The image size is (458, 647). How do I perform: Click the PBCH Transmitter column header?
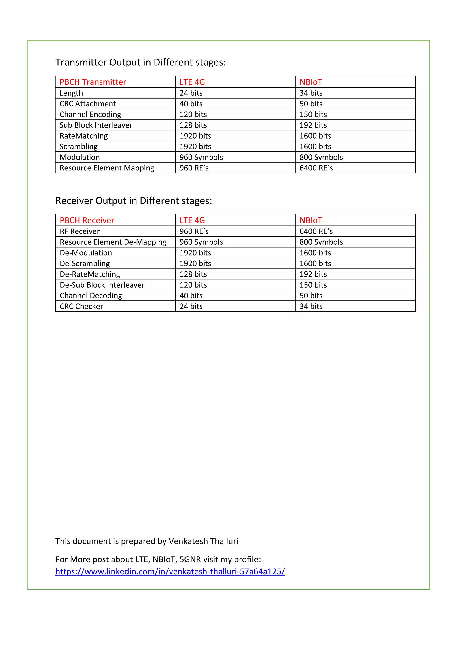click(93, 82)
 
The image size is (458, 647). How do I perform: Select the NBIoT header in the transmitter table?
click(310, 82)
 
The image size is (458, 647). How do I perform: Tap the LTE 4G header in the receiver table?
click(192, 220)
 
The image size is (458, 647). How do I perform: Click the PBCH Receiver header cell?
click(87, 220)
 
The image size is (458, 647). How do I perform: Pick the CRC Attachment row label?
click(87, 104)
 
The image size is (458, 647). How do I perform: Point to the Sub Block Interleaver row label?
click(96, 125)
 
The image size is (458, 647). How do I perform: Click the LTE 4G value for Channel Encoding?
click(193, 114)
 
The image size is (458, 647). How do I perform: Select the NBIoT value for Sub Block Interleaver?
click(313, 125)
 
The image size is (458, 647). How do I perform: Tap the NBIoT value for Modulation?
click(321, 157)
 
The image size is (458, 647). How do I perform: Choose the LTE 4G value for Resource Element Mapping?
click(194, 168)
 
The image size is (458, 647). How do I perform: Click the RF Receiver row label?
click(80, 231)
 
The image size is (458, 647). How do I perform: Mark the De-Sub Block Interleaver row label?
click(102, 285)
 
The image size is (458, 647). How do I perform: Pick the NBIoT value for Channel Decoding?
click(311, 296)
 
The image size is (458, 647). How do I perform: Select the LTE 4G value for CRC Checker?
click(191, 306)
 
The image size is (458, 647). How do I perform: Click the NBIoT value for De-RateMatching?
click(313, 274)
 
